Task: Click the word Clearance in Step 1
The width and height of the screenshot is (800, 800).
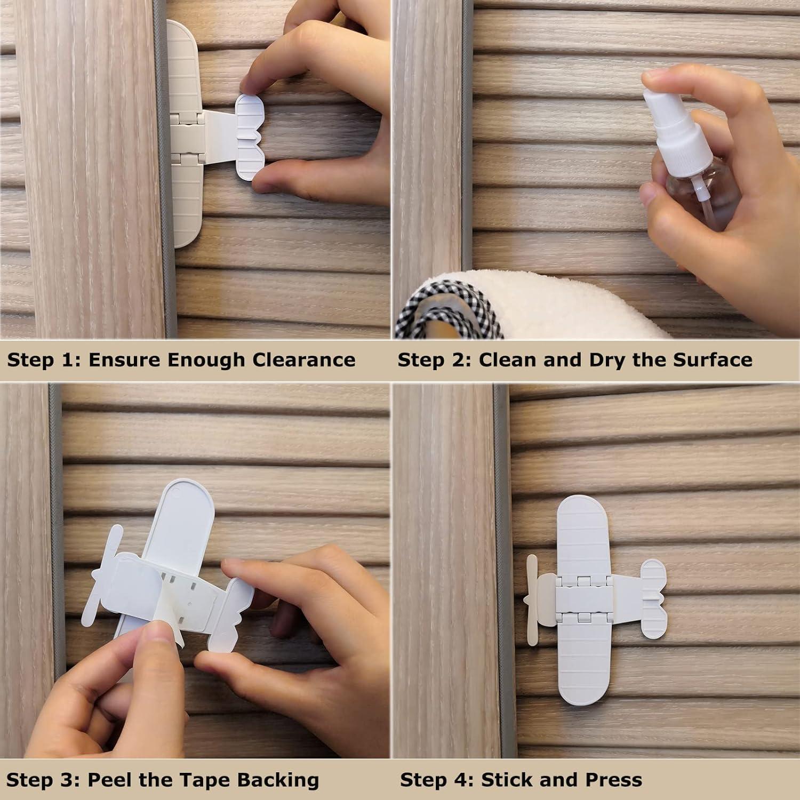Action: tap(303, 359)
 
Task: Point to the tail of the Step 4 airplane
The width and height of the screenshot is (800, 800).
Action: tap(653, 598)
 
